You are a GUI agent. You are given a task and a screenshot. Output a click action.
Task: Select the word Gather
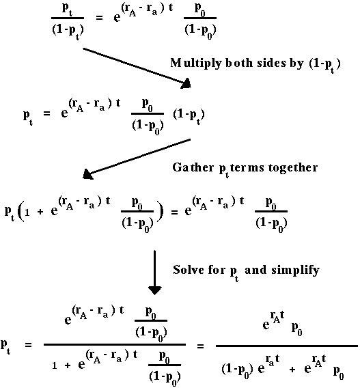(193, 167)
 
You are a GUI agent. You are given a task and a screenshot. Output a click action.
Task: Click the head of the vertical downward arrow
(154, 290)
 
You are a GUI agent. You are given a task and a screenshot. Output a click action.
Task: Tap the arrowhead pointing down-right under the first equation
(186, 83)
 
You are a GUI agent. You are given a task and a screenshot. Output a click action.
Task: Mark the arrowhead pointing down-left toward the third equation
(87, 174)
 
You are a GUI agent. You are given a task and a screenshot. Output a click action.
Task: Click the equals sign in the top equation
(99, 18)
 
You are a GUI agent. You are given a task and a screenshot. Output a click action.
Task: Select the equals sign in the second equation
(46, 113)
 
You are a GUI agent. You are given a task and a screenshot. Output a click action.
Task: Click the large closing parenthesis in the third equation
(161, 212)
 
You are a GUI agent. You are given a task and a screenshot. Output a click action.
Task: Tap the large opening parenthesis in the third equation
(22, 212)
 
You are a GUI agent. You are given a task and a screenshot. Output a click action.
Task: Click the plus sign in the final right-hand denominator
(292, 370)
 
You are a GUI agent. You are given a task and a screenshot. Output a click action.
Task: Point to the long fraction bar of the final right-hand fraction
(287, 346)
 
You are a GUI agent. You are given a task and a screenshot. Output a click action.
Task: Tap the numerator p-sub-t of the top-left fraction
(68, 9)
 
